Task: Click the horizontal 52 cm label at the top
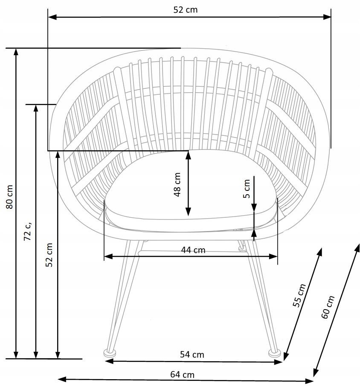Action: click(186, 10)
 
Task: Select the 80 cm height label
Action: click(9, 197)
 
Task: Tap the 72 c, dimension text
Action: click(28, 231)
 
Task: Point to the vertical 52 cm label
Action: click(49, 255)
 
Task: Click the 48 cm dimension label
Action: click(177, 184)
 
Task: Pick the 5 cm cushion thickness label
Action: click(247, 189)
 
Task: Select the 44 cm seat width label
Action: click(193, 250)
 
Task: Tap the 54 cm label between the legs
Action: click(192, 355)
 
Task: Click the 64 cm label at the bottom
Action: click(182, 374)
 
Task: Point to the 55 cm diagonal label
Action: click(299, 295)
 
